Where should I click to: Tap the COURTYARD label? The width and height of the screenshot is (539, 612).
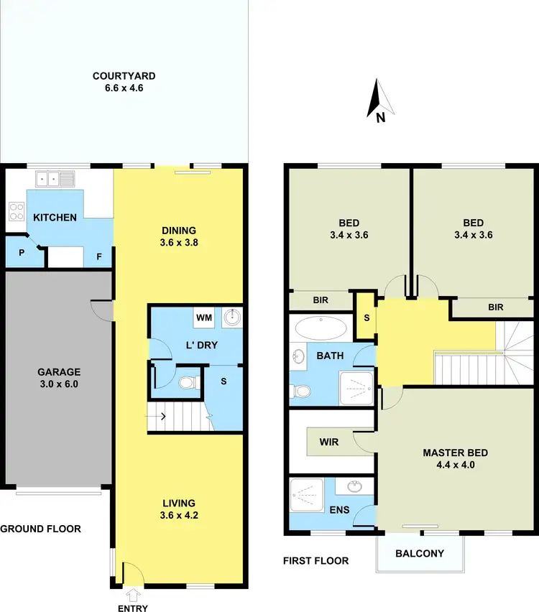coord(124,76)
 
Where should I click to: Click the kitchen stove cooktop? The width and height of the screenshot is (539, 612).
coord(16,211)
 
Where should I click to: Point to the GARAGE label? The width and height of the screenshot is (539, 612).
coord(59,372)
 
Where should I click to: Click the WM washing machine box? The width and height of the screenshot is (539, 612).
coord(203,317)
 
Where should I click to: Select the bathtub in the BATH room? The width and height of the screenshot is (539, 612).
coord(321,328)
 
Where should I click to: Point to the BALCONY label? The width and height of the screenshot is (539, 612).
coord(420,553)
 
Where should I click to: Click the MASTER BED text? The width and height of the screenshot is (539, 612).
coord(455,453)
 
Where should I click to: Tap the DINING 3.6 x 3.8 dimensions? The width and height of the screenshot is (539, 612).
coord(178,243)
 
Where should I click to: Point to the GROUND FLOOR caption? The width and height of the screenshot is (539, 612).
coord(41,529)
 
